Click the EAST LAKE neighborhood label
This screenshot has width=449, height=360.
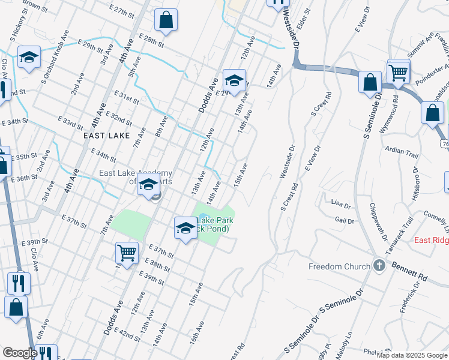pyautogui.click(x=107, y=136)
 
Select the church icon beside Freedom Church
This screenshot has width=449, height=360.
pyautogui.click(x=379, y=265)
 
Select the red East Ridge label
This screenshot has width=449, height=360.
pyautogui.click(x=432, y=240)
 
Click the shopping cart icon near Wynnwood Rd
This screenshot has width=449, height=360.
pyautogui.click(x=399, y=73)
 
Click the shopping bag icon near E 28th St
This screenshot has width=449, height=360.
pyautogui.click(x=166, y=20)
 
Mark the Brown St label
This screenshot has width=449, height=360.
pyautogui.click(x=35, y=6)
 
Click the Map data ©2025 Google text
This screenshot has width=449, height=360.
pyautogui.click(x=411, y=355)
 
